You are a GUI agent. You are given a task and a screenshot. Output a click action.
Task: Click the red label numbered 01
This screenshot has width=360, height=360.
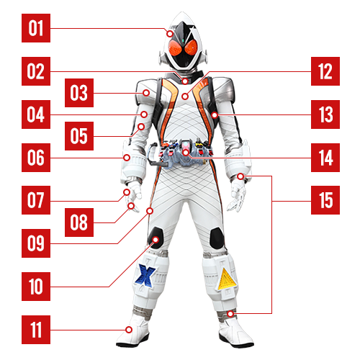click(x=36, y=28)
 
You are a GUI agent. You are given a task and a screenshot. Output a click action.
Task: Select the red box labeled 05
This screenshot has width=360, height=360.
click(x=79, y=136)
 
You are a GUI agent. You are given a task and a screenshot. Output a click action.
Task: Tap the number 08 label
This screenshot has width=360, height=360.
click(x=79, y=222)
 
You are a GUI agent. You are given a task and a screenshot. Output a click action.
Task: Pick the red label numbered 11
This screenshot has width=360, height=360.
click(x=36, y=330)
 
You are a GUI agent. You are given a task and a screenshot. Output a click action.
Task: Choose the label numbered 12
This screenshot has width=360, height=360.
click(x=325, y=71)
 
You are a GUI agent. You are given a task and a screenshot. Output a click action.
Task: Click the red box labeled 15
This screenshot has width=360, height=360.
click(x=325, y=200)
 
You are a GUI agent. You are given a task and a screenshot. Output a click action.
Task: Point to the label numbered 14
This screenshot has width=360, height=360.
click(x=325, y=158)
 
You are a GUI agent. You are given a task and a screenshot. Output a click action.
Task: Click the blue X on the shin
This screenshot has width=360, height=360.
click(x=145, y=275)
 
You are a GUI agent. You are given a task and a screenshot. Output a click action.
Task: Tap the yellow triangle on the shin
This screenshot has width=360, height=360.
click(x=227, y=279)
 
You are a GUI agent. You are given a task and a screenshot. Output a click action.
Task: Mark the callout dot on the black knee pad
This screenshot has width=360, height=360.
click(x=156, y=240)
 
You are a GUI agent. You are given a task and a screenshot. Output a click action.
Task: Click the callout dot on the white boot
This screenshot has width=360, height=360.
click(x=129, y=330)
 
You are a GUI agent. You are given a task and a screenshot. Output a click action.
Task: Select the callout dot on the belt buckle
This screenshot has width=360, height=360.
click(x=186, y=152)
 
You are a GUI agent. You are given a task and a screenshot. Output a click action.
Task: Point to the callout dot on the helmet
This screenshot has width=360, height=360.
click(x=170, y=34)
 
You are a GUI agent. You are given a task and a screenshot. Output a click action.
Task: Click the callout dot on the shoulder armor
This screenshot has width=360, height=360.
click(x=146, y=93)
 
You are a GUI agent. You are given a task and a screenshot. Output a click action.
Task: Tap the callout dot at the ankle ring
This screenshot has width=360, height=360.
click(x=230, y=314)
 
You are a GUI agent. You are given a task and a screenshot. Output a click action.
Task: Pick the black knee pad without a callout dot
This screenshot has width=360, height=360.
click(x=217, y=239)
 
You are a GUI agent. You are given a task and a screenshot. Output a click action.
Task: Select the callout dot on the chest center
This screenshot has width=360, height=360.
click(x=184, y=96)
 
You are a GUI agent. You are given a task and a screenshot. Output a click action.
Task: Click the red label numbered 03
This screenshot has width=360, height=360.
click(x=79, y=93)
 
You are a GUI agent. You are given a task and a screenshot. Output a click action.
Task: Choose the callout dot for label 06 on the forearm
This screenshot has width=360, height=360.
click(x=127, y=158)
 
